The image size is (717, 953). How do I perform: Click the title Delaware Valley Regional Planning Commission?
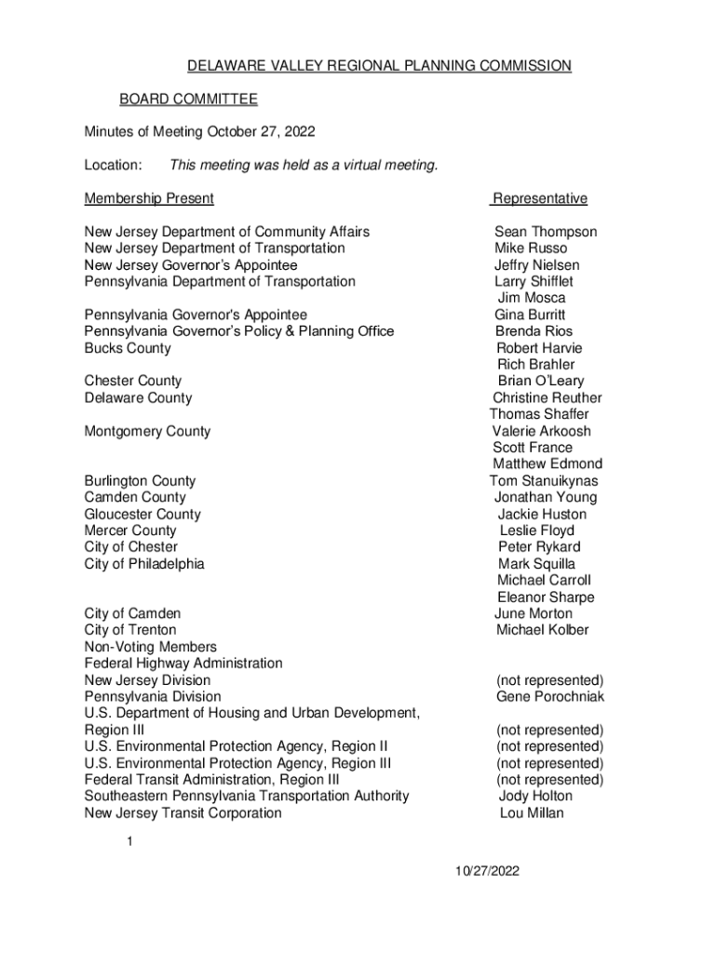[x=379, y=66]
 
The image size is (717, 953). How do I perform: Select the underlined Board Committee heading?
[x=188, y=100]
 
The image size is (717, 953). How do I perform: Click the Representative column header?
[x=540, y=198]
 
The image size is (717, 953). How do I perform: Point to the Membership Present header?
[x=149, y=198]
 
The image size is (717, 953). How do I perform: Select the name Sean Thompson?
[x=546, y=232]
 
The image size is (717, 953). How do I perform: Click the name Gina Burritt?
[x=530, y=315]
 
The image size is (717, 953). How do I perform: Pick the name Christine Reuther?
[x=548, y=398]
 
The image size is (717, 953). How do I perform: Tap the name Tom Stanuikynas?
[x=544, y=481]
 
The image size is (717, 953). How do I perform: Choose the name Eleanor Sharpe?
[x=546, y=597]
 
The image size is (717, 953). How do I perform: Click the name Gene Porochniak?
[x=550, y=697]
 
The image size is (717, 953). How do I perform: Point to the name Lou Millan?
[x=532, y=813]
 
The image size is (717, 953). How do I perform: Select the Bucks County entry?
[x=128, y=348]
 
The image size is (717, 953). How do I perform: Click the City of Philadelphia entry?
[x=144, y=564]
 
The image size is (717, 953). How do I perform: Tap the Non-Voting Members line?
[x=151, y=647]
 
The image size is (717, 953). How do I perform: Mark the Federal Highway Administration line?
[x=183, y=664]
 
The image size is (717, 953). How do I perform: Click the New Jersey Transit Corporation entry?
[x=183, y=813]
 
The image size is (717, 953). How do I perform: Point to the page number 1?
[x=131, y=842]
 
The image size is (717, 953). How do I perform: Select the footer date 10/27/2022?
[x=487, y=871]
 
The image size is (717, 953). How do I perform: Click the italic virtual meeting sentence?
[x=304, y=166]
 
